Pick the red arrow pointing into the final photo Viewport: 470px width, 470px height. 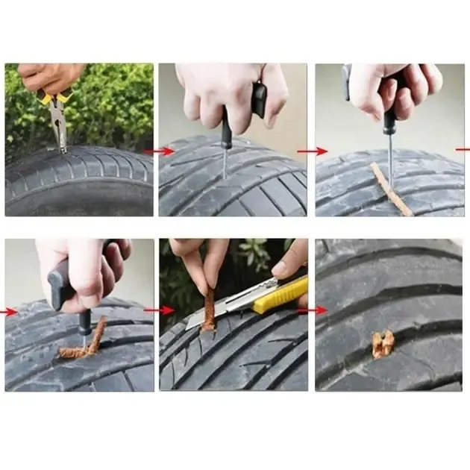pyautogui.click(x=313, y=310)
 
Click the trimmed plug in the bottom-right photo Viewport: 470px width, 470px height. pyautogui.click(x=383, y=343)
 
